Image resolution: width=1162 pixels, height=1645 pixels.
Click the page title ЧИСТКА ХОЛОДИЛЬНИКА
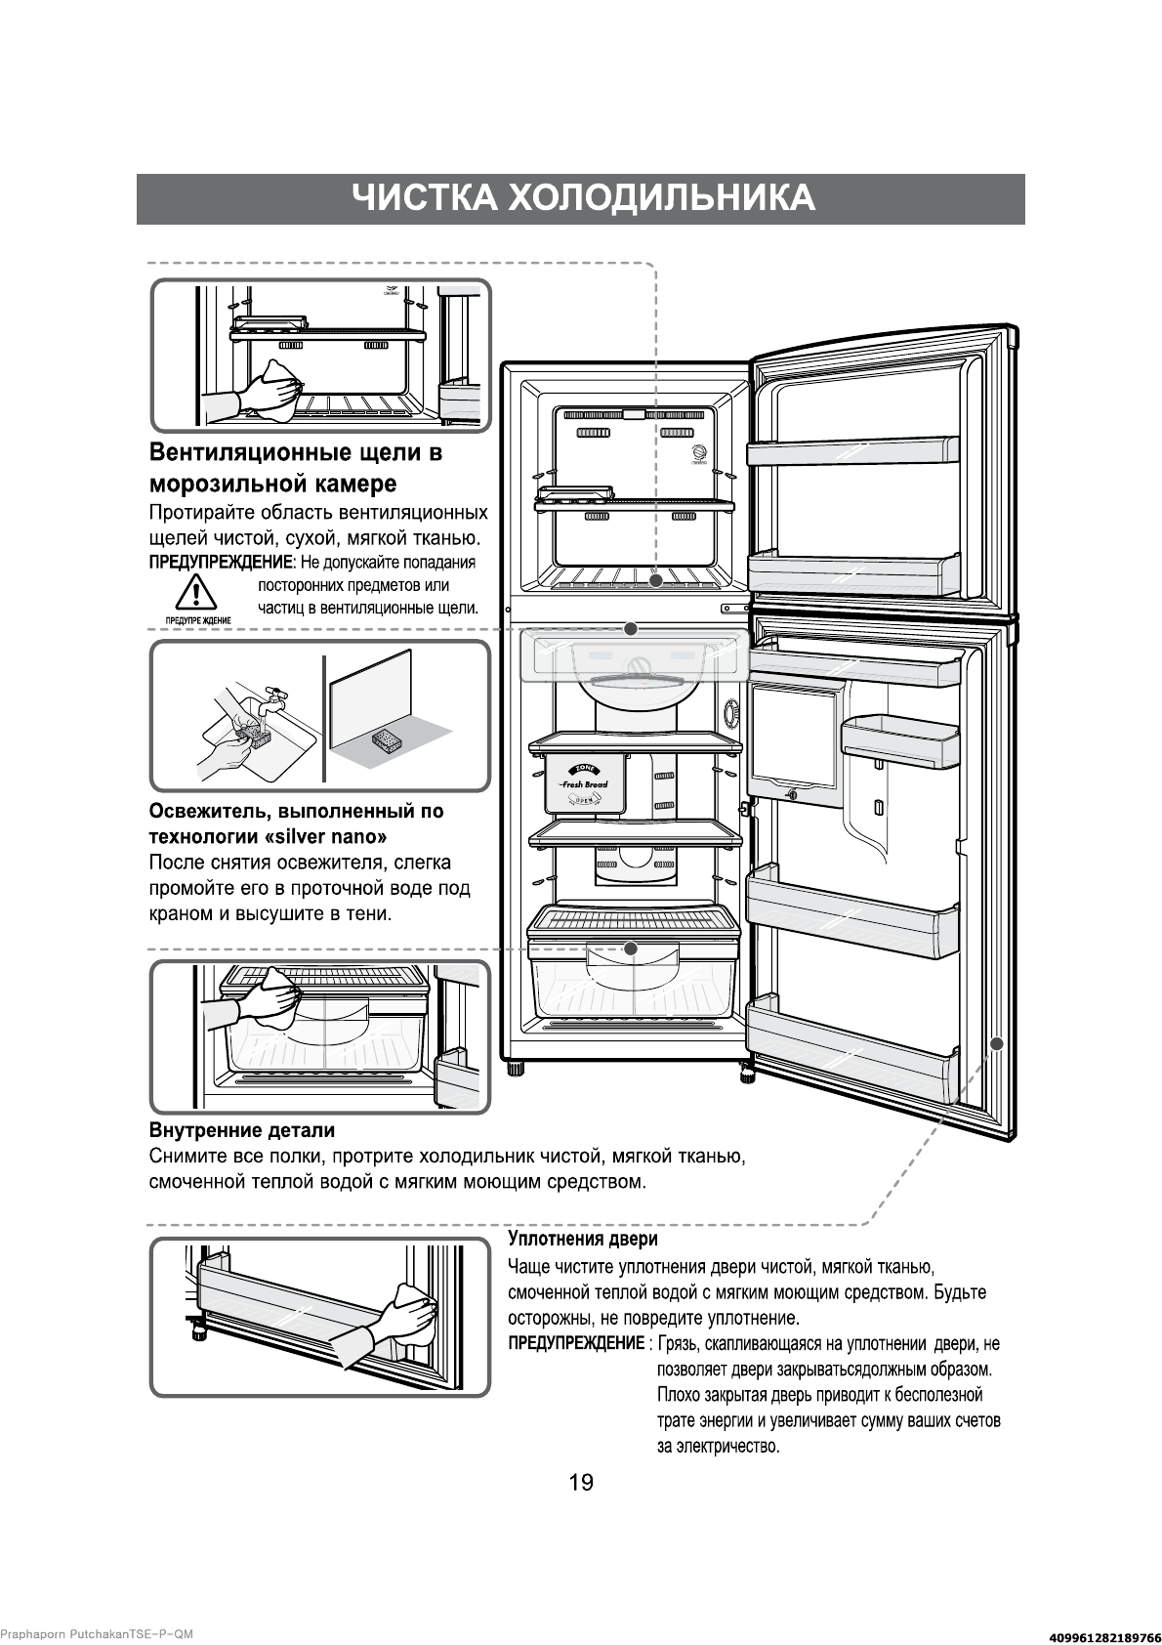[x=582, y=198]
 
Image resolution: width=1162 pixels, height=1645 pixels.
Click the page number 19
[x=580, y=1483]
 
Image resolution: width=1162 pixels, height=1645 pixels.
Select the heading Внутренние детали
[x=241, y=1130]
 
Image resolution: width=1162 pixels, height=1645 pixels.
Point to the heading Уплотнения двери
[x=582, y=1239]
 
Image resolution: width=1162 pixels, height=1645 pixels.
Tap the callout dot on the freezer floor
[x=656, y=580]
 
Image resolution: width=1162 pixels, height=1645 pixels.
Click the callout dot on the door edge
[x=996, y=1043]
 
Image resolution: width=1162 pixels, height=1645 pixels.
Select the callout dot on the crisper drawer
[x=631, y=949]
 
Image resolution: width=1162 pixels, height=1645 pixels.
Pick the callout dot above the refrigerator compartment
[x=631, y=628]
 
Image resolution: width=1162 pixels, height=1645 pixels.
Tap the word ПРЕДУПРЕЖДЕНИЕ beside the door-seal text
[x=576, y=1344]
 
